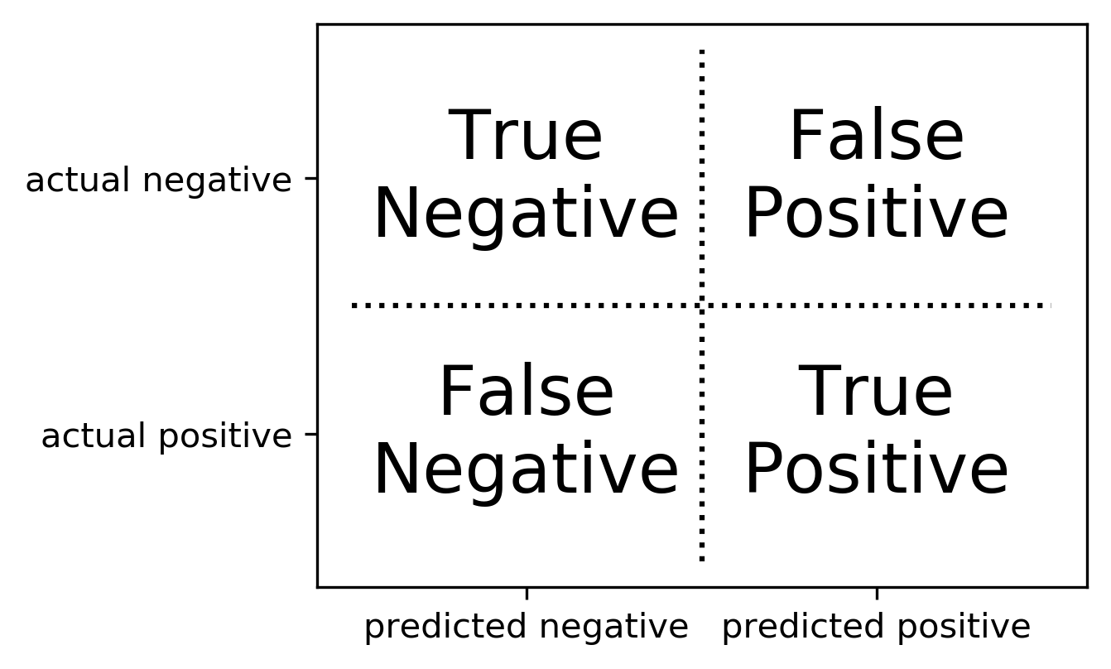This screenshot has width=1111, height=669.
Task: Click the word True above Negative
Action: (x=526, y=137)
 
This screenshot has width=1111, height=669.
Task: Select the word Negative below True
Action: (x=526, y=214)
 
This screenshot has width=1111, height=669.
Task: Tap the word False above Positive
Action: (x=876, y=137)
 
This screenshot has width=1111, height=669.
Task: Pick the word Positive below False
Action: (x=876, y=214)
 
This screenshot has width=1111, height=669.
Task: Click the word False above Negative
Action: (x=526, y=393)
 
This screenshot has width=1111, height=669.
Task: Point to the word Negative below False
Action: (x=526, y=470)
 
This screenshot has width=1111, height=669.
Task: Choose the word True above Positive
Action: (x=876, y=393)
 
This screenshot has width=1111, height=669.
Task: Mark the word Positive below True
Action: (x=876, y=470)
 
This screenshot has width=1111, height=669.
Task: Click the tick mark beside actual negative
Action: (x=311, y=179)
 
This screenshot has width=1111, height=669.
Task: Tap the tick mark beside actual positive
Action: (x=311, y=434)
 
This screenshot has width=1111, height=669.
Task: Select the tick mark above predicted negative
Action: (x=527, y=592)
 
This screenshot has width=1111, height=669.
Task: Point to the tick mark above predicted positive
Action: (x=877, y=592)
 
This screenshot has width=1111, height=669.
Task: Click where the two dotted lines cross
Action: (x=702, y=306)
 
